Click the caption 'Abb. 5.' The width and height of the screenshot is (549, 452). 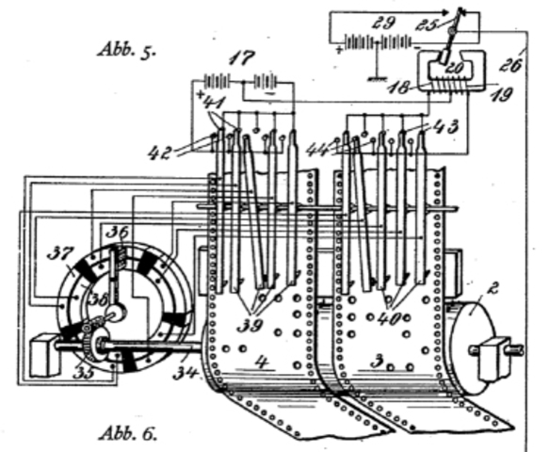click(x=128, y=49)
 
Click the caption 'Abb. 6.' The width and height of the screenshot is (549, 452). click(x=128, y=435)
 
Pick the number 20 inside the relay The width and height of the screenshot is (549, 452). click(x=453, y=68)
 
